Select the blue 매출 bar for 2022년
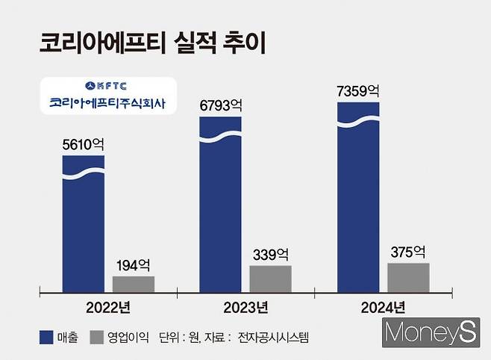point(83,224)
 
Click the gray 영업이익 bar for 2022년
point(134,284)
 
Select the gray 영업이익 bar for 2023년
point(270,279)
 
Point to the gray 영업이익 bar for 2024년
point(408,277)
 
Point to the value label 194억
point(134,264)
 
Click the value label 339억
point(270,254)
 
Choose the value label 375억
point(408,252)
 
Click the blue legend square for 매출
point(47,338)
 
